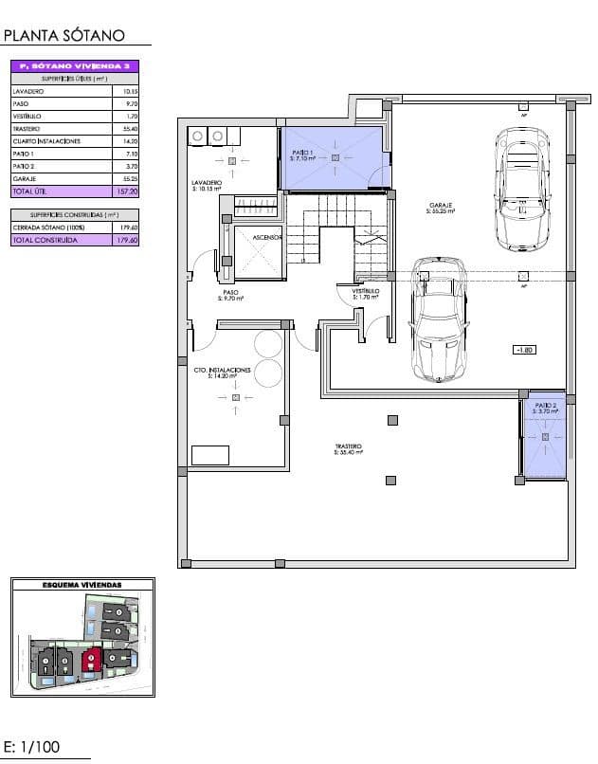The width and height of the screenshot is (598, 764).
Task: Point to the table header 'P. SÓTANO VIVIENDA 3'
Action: click(76, 66)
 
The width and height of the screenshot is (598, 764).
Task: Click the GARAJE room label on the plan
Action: click(440, 206)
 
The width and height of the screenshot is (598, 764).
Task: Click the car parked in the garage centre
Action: click(439, 318)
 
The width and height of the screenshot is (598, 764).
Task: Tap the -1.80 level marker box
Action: click(523, 350)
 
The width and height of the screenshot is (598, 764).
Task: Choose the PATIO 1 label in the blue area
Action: click(302, 155)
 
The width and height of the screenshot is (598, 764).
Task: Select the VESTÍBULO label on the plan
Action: click(366, 292)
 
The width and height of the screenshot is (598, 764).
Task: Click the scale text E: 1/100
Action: click(32, 746)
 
